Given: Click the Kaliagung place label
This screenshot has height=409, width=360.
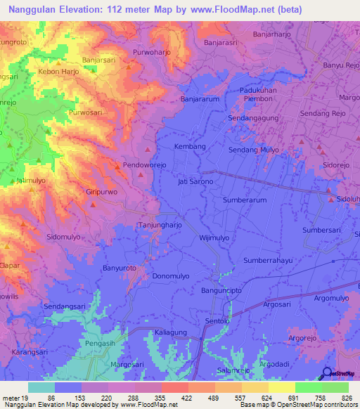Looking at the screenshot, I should (x=172, y=330).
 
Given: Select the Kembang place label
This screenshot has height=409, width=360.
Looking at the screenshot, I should (x=190, y=146).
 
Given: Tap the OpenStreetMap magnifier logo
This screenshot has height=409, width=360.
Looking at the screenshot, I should (x=327, y=373).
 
